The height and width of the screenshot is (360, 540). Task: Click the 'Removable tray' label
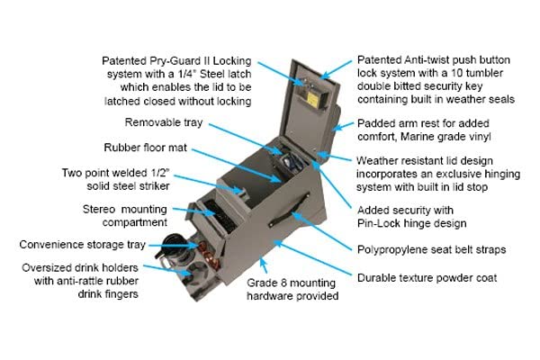[x=164, y=122]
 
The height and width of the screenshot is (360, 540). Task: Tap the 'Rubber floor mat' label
[x=145, y=148]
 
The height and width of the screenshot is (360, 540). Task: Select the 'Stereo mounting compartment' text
[x=125, y=216]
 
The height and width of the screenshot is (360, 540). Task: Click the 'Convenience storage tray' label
[x=82, y=245]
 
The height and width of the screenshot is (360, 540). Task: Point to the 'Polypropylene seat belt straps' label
[x=431, y=249]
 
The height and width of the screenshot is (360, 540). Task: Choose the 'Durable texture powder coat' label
[x=427, y=278]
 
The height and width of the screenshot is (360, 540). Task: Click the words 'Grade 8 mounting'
[x=291, y=283]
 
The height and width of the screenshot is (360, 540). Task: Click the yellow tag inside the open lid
[x=312, y=99]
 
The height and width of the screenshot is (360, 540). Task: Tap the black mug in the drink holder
[x=171, y=247]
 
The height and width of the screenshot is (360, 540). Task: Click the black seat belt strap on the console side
[x=289, y=210]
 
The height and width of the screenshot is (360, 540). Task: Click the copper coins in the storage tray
[x=209, y=256]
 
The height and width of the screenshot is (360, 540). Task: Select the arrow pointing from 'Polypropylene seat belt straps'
[x=321, y=231]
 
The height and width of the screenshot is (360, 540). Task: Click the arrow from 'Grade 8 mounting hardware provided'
[x=264, y=265]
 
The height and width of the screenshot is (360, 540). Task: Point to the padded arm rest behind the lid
[x=335, y=119]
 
